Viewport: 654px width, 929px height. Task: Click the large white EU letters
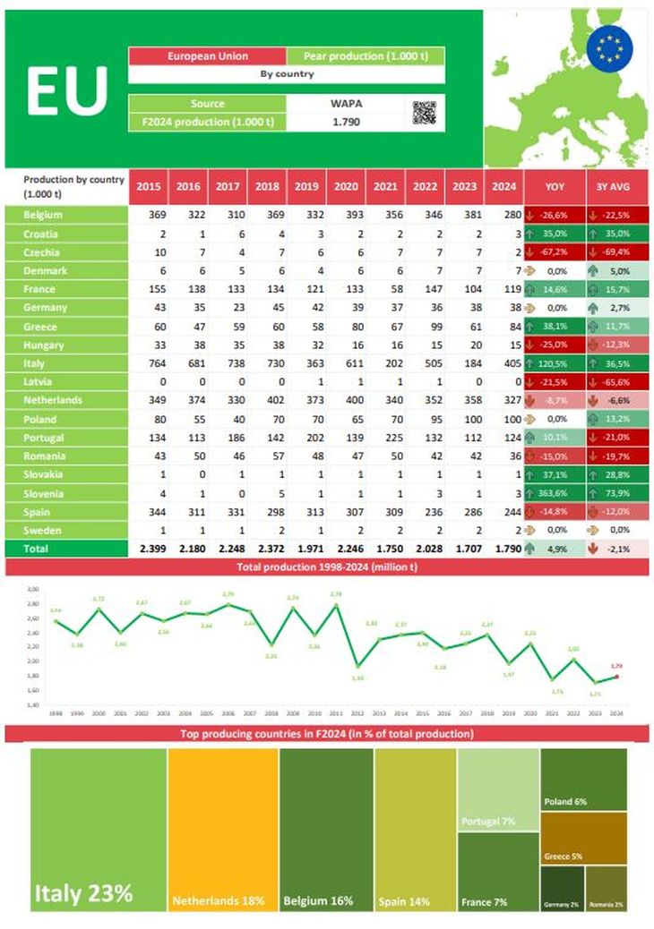coord(66,90)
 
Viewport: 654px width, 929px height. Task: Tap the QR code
coord(424,113)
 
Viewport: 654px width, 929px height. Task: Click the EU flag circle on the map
coord(609,47)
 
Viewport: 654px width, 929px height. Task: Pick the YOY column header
coord(555,186)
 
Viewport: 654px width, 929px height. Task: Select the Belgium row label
coord(43,215)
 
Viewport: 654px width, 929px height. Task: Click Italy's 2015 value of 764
coord(150,363)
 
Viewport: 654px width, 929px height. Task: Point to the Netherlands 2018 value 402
coord(267,400)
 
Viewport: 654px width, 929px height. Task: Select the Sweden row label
coord(40,530)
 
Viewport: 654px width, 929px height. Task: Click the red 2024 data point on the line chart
coord(616,677)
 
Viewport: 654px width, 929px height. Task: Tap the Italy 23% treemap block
coord(99,828)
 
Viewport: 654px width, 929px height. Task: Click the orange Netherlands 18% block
coord(222,828)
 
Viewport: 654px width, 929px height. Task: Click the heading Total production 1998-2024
coord(327,567)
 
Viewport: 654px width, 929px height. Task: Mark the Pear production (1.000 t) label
coord(366,55)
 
